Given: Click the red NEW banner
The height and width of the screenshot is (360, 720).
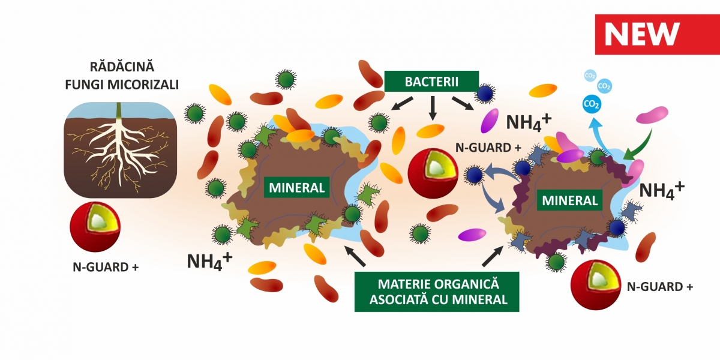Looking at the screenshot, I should [x=656, y=35].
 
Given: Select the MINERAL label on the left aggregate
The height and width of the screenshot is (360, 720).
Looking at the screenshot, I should [x=296, y=187].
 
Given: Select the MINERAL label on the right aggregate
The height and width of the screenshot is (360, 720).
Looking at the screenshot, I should [x=570, y=200].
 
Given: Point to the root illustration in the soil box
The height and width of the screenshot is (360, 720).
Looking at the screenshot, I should [x=119, y=150].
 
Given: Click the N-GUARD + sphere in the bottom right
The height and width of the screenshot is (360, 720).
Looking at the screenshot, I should [x=593, y=283].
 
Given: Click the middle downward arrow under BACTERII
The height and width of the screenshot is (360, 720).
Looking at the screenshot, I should [x=431, y=106].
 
